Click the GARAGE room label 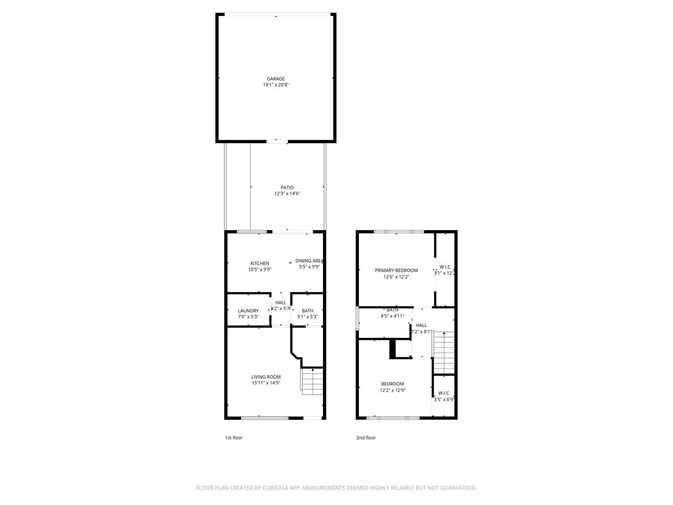coord(276,79)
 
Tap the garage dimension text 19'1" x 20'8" coord(276,85)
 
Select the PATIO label coord(287,188)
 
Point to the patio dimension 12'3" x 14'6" coord(287,194)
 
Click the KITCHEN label coord(259,263)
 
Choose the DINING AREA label coord(309,261)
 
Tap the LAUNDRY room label coord(248,311)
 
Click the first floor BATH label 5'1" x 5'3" coord(308,311)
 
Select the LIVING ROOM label coord(266,377)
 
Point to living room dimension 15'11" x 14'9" coord(266,383)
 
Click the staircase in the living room coord(312,380)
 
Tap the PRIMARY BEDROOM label coord(396,270)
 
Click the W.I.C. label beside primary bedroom coord(445,267)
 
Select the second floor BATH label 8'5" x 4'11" coord(393,310)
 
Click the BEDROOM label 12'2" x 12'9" coord(392,384)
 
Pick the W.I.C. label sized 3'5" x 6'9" coord(444,393)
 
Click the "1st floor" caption coord(234,438)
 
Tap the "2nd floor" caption coord(366,438)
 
